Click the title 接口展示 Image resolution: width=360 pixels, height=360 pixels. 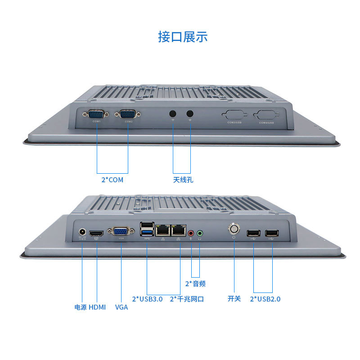[183, 36]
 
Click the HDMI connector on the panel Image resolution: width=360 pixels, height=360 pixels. [96, 233]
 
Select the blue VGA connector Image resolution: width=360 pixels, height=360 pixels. [121, 232]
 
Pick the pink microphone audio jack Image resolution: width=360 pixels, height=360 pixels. [191, 233]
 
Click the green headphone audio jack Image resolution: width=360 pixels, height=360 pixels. [200, 233]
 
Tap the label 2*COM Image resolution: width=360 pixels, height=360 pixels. [112, 180]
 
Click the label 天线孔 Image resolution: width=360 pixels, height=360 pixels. [183, 180]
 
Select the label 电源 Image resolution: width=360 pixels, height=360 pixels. [81, 307]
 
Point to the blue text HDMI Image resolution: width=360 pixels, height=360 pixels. [97, 307]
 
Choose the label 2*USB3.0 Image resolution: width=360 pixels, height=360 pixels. [147, 299]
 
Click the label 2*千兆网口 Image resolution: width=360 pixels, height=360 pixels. [187, 299]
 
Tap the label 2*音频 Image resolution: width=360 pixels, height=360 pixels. [195, 283]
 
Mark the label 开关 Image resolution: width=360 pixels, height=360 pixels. [234, 299]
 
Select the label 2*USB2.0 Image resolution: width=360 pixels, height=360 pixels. [265, 299]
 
